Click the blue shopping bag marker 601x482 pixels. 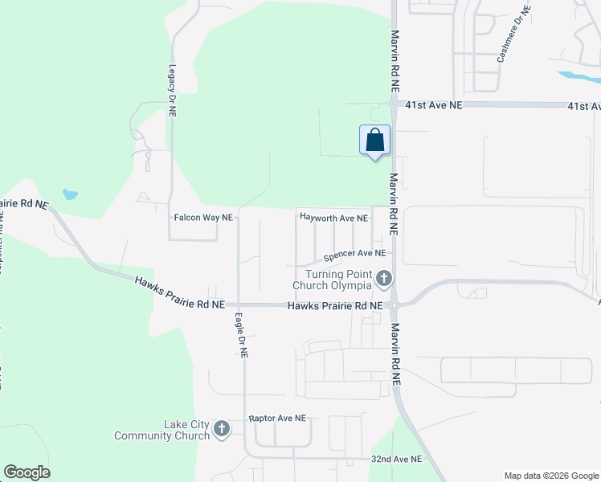[x=374, y=141]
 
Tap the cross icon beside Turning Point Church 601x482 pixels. [x=384, y=279]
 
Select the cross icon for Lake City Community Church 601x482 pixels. [x=223, y=430]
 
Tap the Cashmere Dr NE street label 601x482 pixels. [x=514, y=35]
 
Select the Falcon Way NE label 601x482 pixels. [x=203, y=218]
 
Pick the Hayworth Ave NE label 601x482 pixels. [x=333, y=218]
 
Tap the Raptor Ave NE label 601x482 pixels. [x=277, y=419]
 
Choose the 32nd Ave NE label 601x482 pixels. [x=396, y=459]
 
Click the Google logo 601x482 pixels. [x=27, y=472]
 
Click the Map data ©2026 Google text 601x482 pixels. [x=550, y=475]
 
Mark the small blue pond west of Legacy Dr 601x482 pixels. [x=71, y=194]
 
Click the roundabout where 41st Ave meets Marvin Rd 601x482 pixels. [x=394, y=104]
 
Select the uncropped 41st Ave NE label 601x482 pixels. [x=434, y=105]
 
